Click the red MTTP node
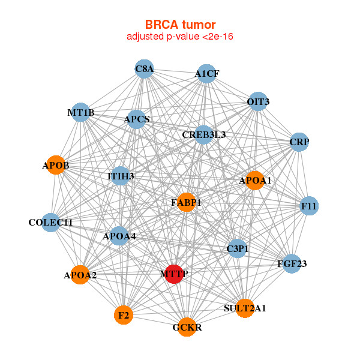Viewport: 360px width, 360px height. [x=174, y=274]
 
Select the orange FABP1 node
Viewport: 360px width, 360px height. [x=187, y=202]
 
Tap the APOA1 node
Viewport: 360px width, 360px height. [x=255, y=181]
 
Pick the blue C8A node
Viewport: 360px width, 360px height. [x=145, y=69]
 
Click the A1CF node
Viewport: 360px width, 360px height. [x=206, y=73]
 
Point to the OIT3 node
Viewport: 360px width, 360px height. [x=258, y=101]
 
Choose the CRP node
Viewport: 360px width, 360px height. [x=299, y=142]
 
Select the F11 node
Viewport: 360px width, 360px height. [x=309, y=206]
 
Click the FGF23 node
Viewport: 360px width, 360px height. [x=292, y=263]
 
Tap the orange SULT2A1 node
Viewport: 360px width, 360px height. [x=245, y=308]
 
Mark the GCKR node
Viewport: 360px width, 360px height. [x=187, y=327]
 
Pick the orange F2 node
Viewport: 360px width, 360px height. [x=124, y=314]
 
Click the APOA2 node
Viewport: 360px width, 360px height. [x=80, y=275]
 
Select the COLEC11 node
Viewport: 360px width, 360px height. [x=51, y=223]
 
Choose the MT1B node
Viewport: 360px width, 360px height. [x=81, y=112]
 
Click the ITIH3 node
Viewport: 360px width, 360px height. [x=121, y=176]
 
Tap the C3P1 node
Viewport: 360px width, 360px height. [x=237, y=248]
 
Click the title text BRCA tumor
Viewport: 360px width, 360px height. [x=180, y=25]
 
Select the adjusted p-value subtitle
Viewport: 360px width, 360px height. [x=180, y=37]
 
